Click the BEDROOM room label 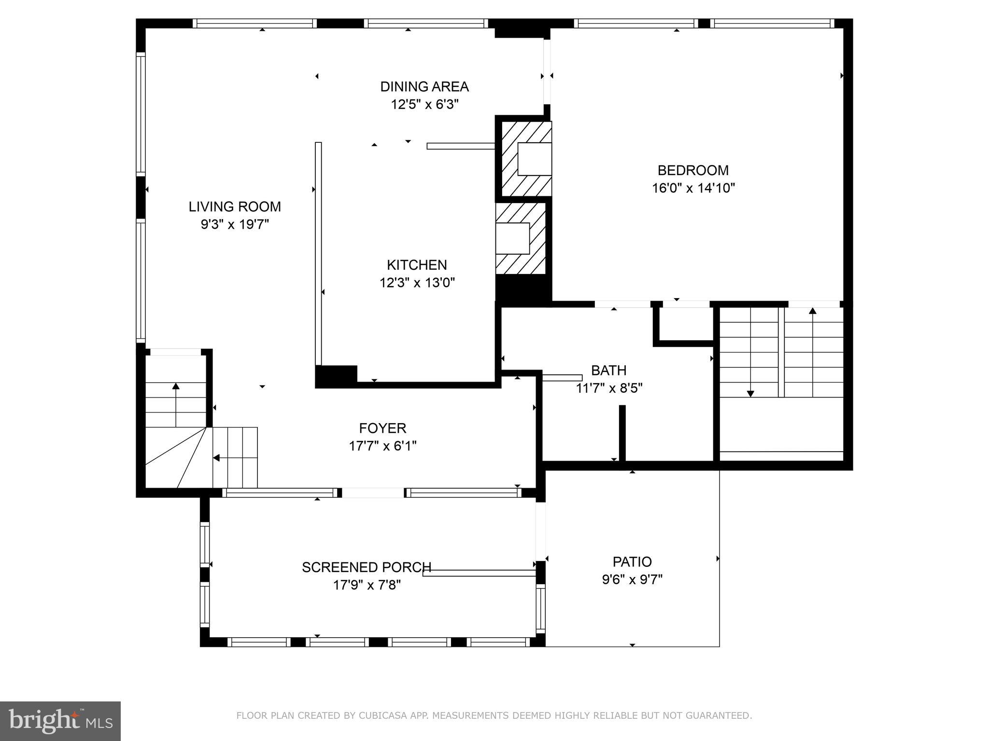[693, 170]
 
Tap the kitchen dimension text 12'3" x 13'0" [417, 283]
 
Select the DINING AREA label [424, 87]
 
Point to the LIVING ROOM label [235, 207]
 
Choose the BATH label [608, 370]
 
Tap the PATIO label [632, 562]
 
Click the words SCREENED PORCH [366, 567]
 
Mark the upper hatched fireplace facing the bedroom [526, 159]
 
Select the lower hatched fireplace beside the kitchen [520, 238]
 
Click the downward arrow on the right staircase [750, 393]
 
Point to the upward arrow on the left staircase [176, 387]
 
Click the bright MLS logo [60, 721]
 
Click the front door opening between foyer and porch [373, 493]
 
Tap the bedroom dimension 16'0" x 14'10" [693, 188]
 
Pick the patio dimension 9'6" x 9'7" [632, 579]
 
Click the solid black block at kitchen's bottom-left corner [336, 375]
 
